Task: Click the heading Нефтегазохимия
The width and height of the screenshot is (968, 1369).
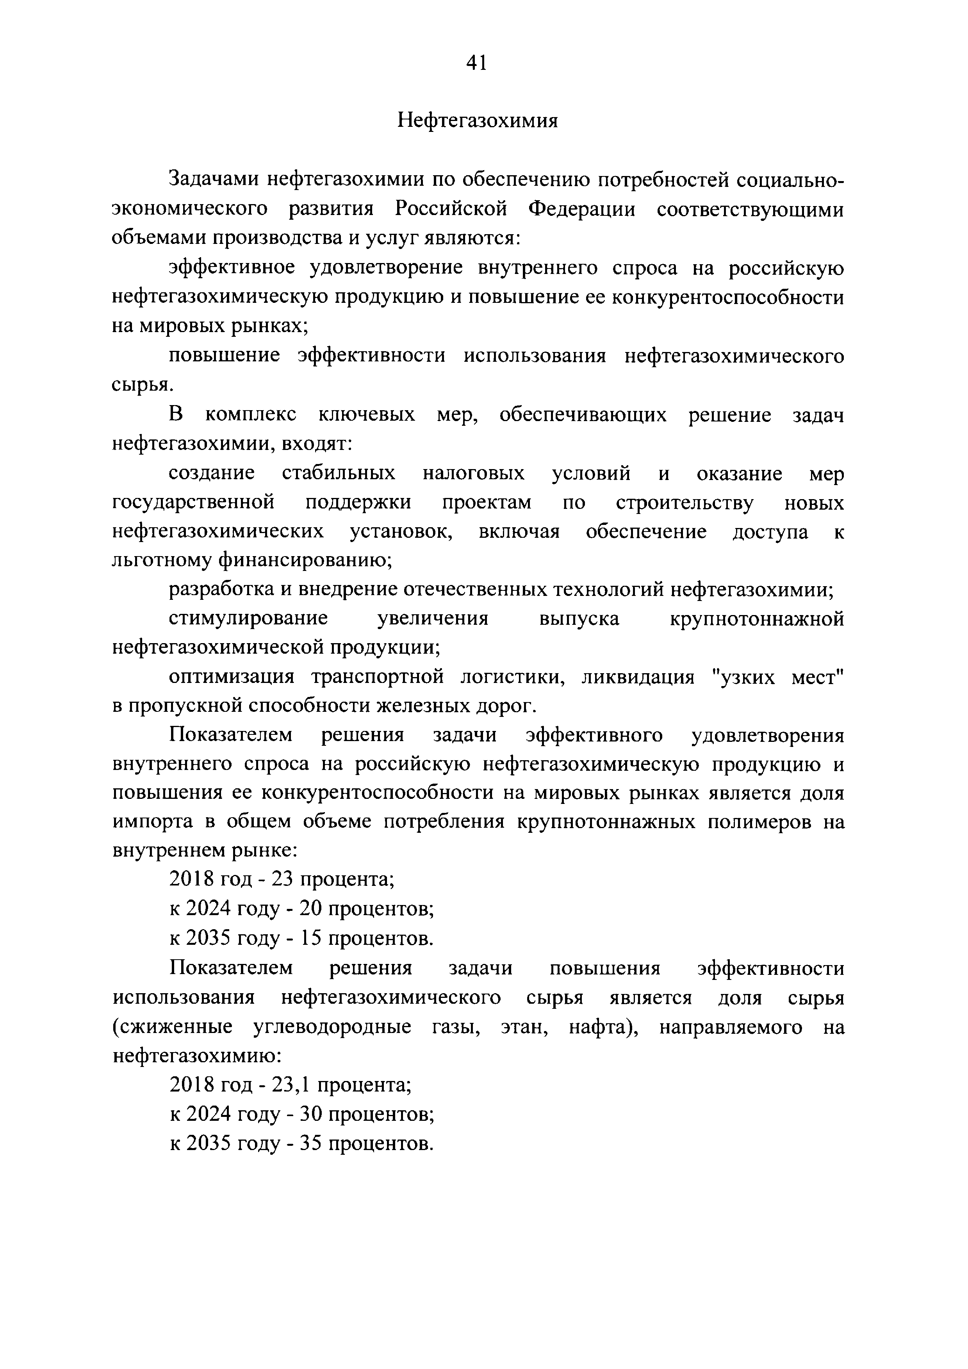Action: click(478, 121)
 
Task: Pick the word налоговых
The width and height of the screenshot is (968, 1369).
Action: click(474, 473)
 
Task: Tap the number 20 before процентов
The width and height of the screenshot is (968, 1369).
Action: click(311, 909)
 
